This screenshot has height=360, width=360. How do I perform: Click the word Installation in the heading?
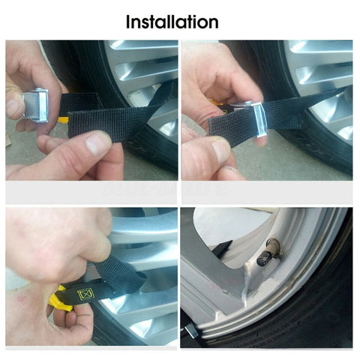[x=172, y=21]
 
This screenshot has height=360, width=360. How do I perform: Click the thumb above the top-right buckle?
[x=232, y=82]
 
